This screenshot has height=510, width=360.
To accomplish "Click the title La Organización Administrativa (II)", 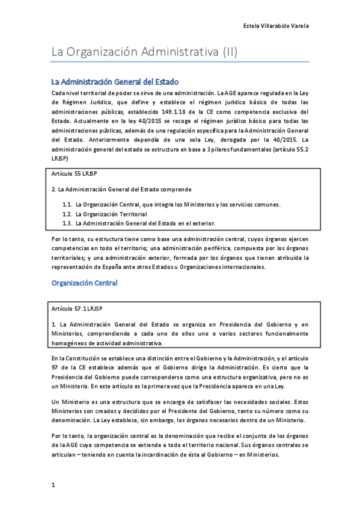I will click(144, 52).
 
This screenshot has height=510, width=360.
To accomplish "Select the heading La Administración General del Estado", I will click(115, 82).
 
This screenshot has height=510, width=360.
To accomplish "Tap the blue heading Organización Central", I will click(84, 282).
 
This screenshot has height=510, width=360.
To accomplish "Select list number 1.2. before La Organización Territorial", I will click(67, 214).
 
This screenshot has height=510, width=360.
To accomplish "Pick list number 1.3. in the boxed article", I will click(67, 223).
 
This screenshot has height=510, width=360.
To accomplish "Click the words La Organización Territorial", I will click(111, 214).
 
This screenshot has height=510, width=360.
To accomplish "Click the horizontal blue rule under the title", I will click(180, 62).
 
